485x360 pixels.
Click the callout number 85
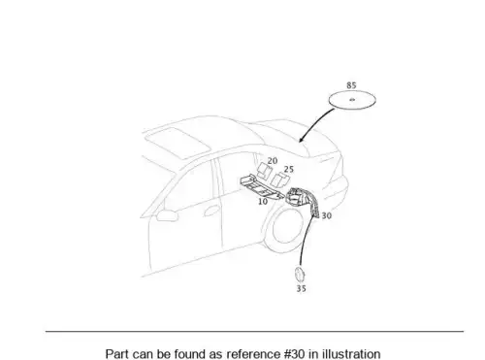point(351,85)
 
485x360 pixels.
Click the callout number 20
point(273,161)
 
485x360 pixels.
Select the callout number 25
point(289,169)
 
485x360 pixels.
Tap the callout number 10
point(263,202)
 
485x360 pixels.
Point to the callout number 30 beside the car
point(327,215)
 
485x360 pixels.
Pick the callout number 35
point(302,288)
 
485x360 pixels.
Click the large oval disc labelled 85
point(352,100)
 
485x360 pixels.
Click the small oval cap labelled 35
point(299,275)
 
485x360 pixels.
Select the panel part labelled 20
point(264,171)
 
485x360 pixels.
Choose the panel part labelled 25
point(279,180)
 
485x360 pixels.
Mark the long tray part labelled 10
point(260,186)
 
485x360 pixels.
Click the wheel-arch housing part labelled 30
point(302,201)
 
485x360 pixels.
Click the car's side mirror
point(167,215)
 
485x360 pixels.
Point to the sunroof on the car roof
point(178,143)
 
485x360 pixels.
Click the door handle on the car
point(211,212)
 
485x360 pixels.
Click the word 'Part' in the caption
point(116,354)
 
